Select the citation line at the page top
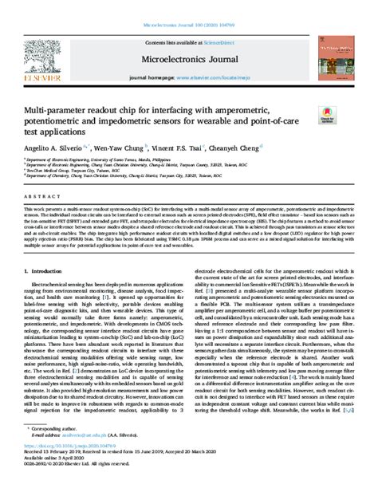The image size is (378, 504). pyautogui.click(x=189, y=6)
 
